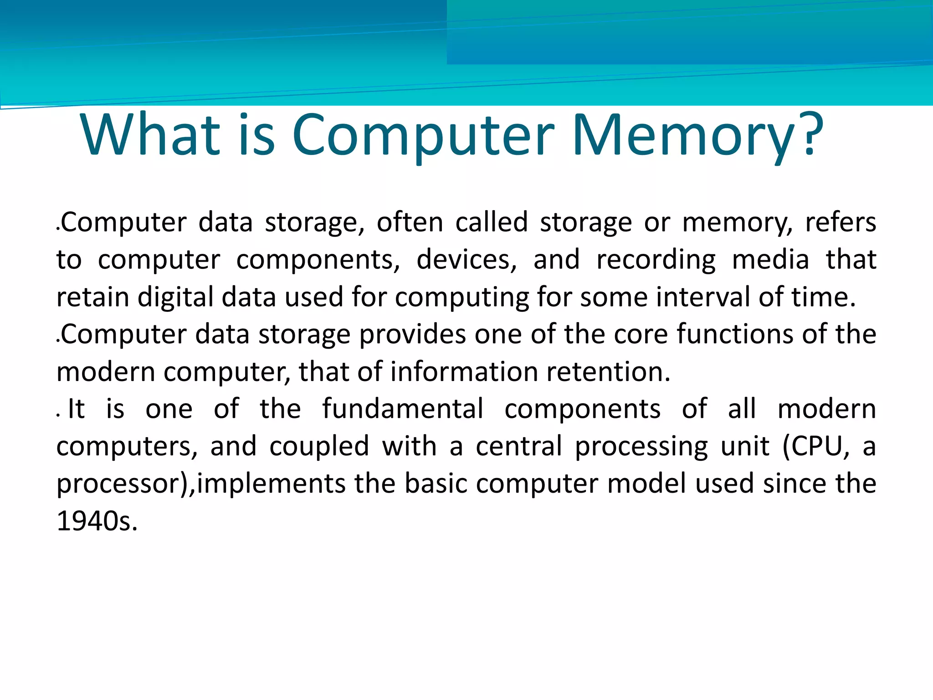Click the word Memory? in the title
coord(697,136)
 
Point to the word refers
coord(841,223)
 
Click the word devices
coord(466,260)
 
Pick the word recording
coord(656,260)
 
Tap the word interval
coord(702,298)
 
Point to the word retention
coord(608,372)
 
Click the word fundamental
coord(403,409)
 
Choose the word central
coord(519,447)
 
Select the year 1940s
coord(97,521)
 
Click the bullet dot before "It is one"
coord(58,415)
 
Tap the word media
coord(770,260)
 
